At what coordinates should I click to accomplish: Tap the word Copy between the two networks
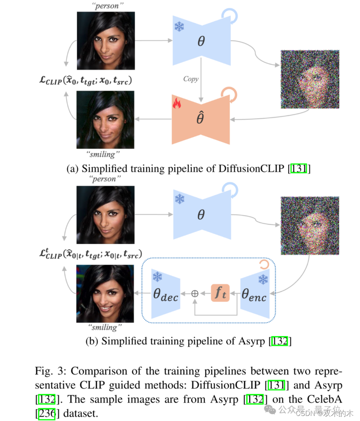(191, 79)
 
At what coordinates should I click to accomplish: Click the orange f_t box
(220, 292)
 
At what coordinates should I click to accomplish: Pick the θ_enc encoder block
(254, 292)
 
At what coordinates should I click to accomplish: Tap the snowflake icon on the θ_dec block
(158, 277)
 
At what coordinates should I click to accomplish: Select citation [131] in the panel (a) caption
(299, 168)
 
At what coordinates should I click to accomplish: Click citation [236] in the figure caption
(47, 413)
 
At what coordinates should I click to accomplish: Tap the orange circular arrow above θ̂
(229, 94)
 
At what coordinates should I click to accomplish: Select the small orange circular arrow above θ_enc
(264, 264)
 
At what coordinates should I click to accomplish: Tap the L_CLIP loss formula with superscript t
(85, 254)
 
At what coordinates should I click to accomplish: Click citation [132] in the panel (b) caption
(280, 341)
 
